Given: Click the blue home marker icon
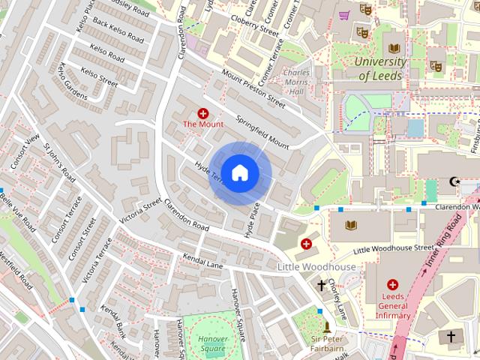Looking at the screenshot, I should pos(239,172).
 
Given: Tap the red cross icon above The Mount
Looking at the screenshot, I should pos(202,112).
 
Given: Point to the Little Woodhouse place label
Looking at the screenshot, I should pos(316,267).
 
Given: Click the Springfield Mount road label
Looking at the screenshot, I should pos(262,130).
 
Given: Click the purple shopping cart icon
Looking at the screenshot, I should pos(344,14).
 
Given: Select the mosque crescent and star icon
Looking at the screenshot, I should pos(453,181).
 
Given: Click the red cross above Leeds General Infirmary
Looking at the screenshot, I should pos(392,285).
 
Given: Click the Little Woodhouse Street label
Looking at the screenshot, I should pos(393,247).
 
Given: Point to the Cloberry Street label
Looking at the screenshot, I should pos(255,25).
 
